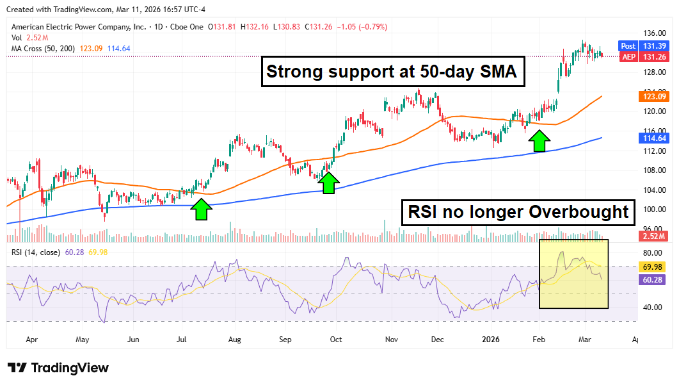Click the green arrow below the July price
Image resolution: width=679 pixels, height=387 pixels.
coord(201,209)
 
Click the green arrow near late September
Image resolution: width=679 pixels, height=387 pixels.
coord(329,183)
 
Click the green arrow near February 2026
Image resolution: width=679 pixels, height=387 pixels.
coord(539,140)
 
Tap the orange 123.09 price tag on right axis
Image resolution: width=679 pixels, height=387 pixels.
coord(653,97)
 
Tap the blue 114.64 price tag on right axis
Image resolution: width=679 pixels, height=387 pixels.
coord(653,138)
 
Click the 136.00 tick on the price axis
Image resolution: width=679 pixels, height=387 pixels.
coord(652,33)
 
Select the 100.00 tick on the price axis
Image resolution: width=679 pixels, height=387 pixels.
coord(652,210)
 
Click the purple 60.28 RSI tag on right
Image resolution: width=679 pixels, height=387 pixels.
coord(653,279)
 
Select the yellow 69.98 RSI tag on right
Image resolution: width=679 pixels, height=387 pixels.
coord(653,267)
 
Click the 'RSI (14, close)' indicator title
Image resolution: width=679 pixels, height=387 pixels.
coord(36,252)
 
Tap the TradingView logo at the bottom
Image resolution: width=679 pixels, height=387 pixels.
coord(58,368)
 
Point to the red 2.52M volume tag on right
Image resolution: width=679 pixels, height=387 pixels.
coord(653,236)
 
